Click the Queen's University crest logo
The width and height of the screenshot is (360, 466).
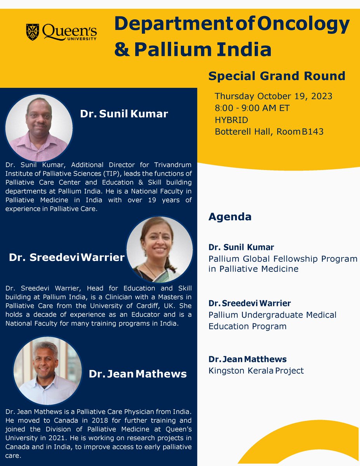pos(33,32)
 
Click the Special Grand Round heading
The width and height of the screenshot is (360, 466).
pos(277,76)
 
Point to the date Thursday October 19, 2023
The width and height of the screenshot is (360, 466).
pos(273,96)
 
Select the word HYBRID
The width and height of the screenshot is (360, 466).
pos(231,120)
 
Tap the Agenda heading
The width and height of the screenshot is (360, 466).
pos(230,217)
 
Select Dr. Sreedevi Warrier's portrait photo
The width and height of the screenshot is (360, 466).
pos(160,249)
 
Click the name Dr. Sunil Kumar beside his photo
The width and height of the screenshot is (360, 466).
pos(124,114)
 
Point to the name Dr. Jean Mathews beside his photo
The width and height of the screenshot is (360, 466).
pos(138,374)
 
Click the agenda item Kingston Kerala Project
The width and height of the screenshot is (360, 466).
pos(256,370)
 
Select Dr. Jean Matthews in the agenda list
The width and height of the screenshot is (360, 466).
pos(247,359)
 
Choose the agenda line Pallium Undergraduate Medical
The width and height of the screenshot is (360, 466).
pos(272,315)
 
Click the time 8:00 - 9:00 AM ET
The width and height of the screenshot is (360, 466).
pos(252,108)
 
